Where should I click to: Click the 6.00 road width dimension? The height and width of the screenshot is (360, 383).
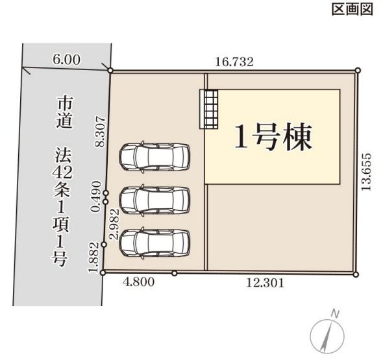(x=66, y=59)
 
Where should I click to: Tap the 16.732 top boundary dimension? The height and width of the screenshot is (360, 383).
(x=234, y=62)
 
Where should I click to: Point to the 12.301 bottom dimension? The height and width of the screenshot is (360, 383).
(x=265, y=283)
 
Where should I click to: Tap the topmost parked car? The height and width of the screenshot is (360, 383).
(x=154, y=155)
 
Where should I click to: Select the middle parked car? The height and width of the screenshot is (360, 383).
(x=154, y=199)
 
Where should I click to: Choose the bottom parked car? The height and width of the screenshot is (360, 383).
(x=154, y=241)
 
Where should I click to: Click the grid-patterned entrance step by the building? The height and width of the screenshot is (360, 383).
(x=209, y=108)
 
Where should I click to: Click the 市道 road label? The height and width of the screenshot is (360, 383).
(x=64, y=113)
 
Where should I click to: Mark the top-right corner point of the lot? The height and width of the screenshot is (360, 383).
(x=358, y=70)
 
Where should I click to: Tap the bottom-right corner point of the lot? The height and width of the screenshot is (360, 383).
(x=356, y=274)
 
